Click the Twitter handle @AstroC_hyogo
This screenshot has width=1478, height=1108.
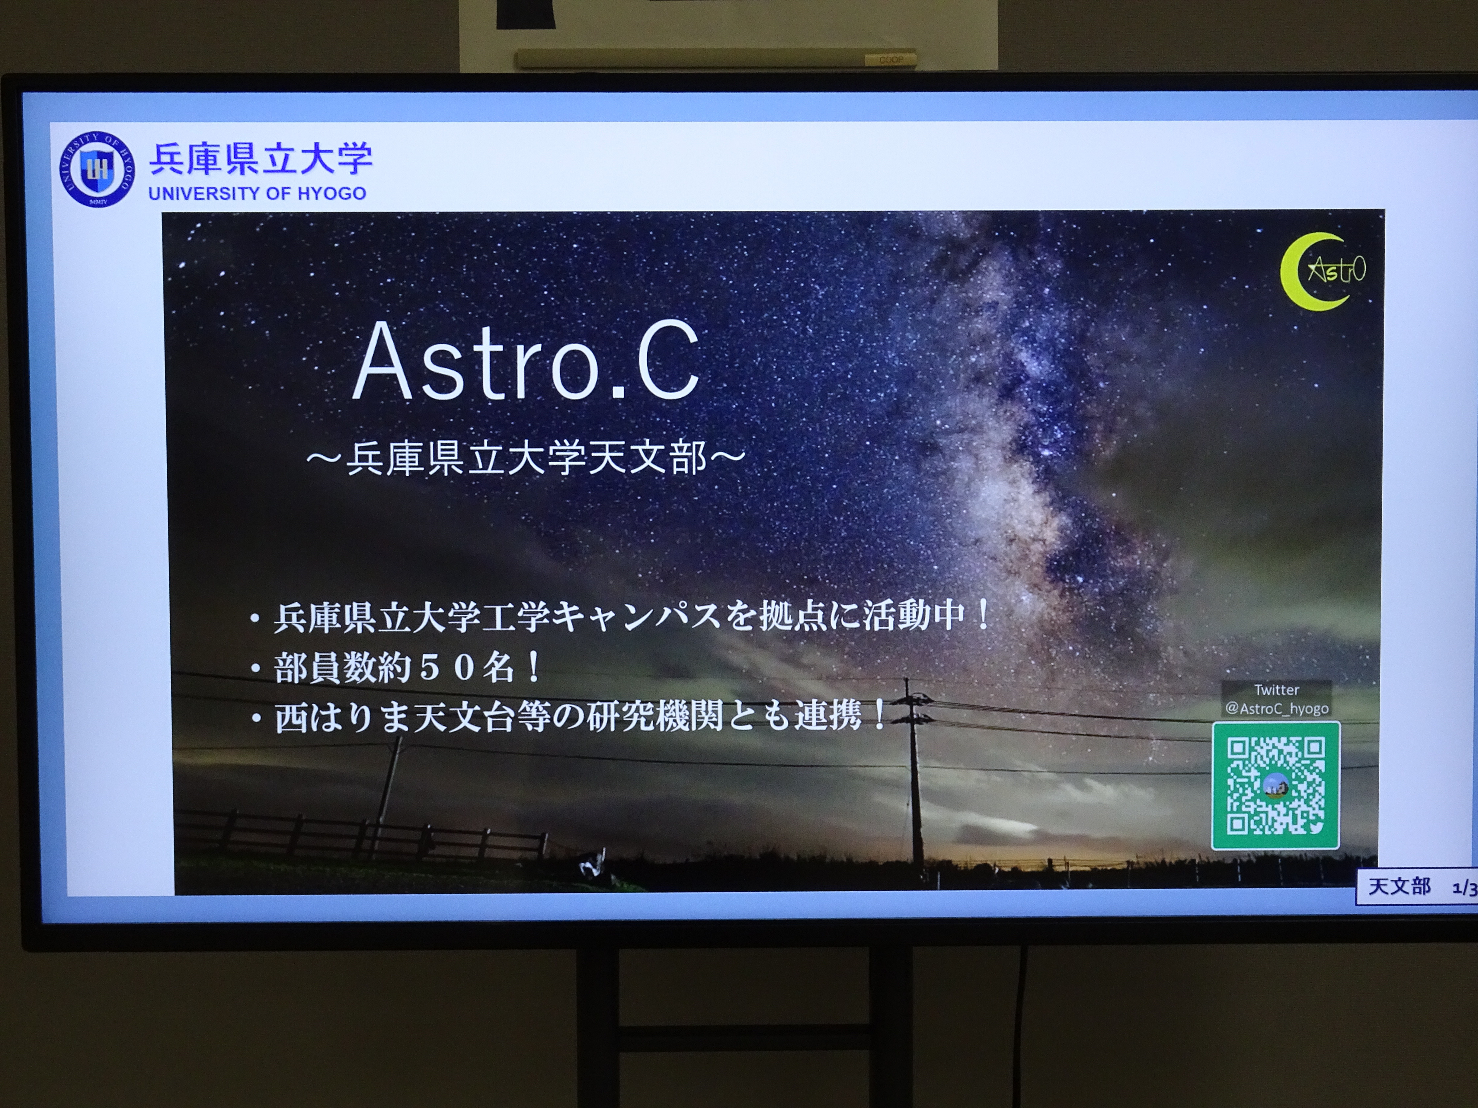(1277, 708)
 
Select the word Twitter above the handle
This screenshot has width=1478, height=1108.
(1277, 690)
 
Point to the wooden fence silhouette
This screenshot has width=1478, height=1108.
(361, 834)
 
